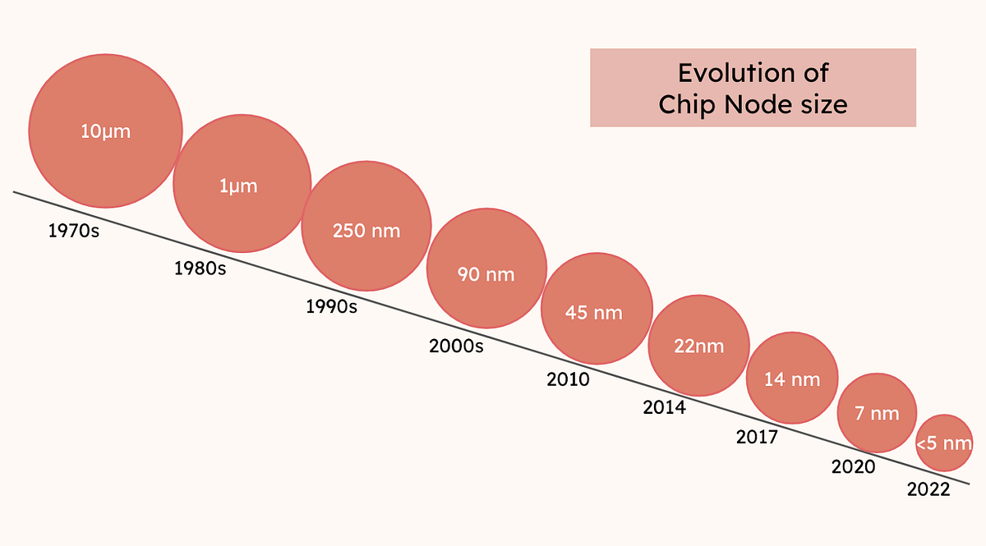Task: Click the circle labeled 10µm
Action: click(x=105, y=131)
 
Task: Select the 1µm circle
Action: click(x=242, y=186)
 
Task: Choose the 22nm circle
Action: click(x=698, y=345)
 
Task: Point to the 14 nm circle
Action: click(x=792, y=379)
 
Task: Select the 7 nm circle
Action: click(x=877, y=412)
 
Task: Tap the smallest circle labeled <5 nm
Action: click(x=945, y=443)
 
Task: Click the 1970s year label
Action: click(x=74, y=232)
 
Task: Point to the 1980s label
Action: click(x=200, y=268)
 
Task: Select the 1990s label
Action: click(x=331, y=307)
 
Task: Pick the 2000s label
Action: click(x=457, y=346)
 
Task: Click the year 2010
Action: click(x=568, y=379)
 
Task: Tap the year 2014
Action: click(x=664, y=407)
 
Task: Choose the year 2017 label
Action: click(x=757, y=437)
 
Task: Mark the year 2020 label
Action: click(x=853, y=467)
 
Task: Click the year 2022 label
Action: click(x=928, y=489)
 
